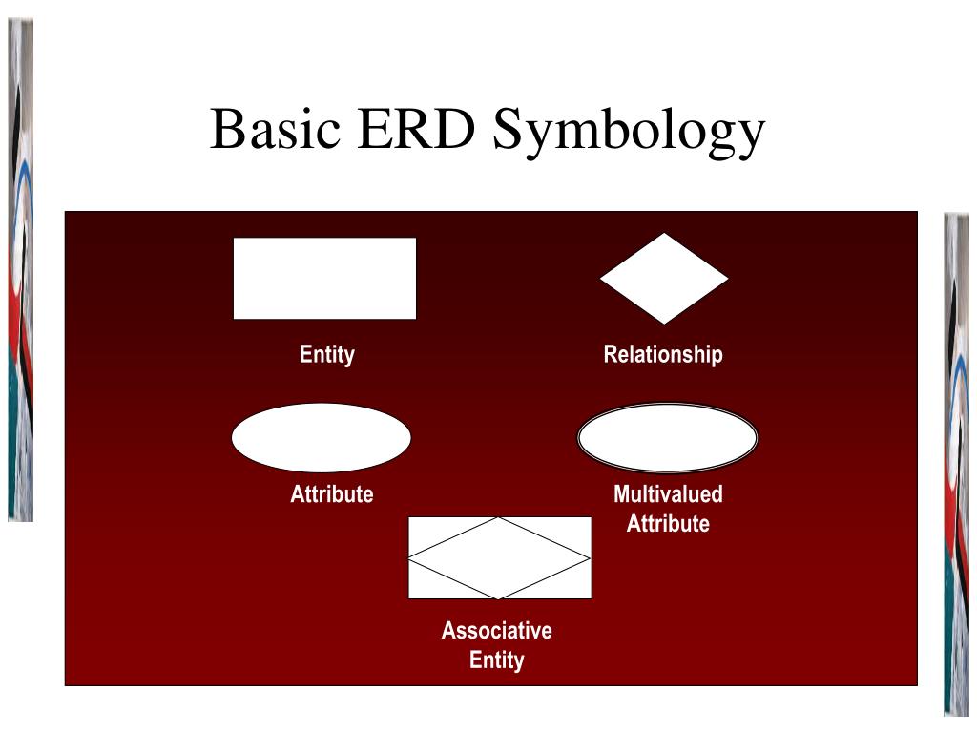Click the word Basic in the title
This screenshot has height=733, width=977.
(276, 131)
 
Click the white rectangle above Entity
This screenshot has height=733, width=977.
(324, 278)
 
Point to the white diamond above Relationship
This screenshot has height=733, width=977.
(664, 278)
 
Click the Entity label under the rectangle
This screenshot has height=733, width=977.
(327, 355)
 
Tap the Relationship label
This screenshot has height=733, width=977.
(663, 355)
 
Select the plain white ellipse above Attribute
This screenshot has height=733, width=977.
(322, 438)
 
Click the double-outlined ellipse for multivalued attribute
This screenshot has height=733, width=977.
(668, 438)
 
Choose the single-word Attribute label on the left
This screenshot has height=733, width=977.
(332, 494)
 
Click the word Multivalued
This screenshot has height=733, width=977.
(668, 494)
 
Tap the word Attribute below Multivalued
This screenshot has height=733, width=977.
(668, 523)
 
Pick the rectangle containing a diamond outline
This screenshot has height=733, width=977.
(500, 557)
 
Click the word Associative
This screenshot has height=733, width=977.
(496, 631)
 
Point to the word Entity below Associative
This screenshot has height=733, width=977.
(496, 660)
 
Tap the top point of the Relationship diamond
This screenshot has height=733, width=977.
(664, 235)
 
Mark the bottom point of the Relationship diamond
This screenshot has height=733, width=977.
(664, 322)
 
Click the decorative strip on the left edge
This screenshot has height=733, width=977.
(21, 267)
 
